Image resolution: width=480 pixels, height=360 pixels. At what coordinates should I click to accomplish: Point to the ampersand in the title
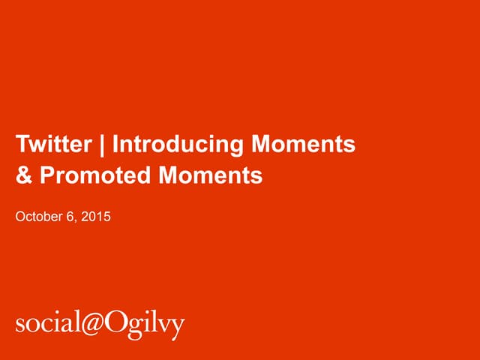(x=23, y=175)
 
